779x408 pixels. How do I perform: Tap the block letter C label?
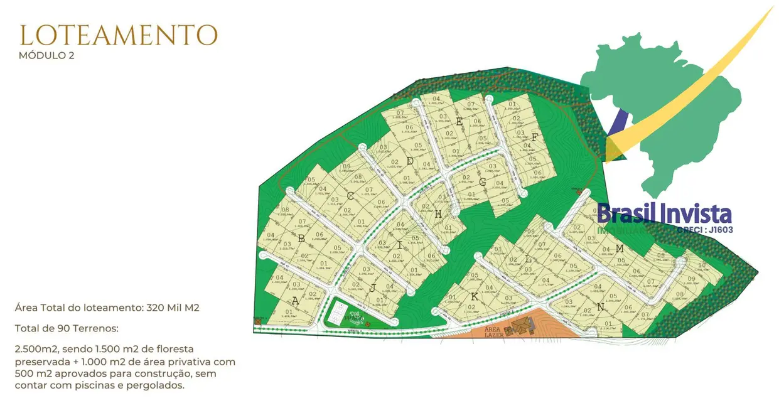[x=350, y=196]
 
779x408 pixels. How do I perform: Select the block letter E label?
[x=459, y=122]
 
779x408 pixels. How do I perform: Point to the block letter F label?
[x=535, y=137]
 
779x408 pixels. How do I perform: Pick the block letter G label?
[x=482, y=183]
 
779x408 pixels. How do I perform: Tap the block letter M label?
[x=620, y=249]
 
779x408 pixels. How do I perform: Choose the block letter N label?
[x=601, y=307]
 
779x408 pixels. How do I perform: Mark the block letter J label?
[x=372, y=289]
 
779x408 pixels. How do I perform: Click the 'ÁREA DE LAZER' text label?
[x=495, y=332]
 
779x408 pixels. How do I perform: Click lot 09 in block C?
[x=347, y=166]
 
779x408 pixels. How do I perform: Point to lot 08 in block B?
[x=285, y=210]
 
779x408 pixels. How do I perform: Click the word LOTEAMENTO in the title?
[x=119, y=36]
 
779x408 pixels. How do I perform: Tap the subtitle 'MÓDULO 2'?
[x=46, y=55]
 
